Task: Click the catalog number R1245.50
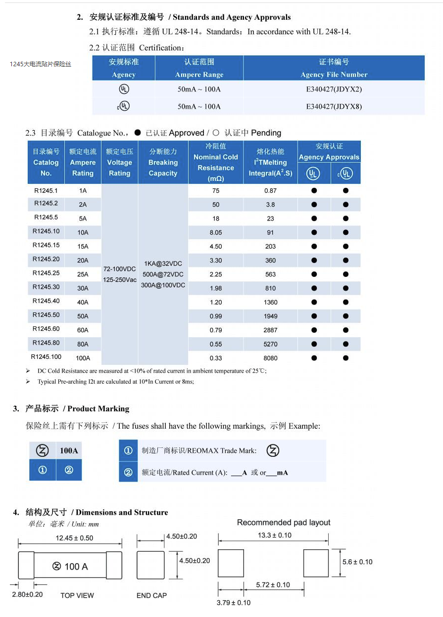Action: tap(46, 315)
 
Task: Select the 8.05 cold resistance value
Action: tap(216, 232)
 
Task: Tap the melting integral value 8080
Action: tap(271, 358)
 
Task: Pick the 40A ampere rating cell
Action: tap(83, 302)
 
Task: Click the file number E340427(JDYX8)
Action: tap(334, 106)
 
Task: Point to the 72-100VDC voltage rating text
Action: tap(119, 269)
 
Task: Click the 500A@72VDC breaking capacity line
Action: tap(163, 274)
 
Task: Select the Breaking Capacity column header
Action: tap(163, 162)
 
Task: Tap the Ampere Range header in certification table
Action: tap(199, 68)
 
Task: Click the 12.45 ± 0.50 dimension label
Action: tap(74, 538)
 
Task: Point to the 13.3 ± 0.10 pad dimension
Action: tap(274, 535)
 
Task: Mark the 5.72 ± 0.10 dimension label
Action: tap(273, 585)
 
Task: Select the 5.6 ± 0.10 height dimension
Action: tap(357, 562)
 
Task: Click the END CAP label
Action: tap(151, 595)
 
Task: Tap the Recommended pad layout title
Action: tap(283, 522)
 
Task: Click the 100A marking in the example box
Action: tap(69, 450)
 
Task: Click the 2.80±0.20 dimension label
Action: tap(27, 594)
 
